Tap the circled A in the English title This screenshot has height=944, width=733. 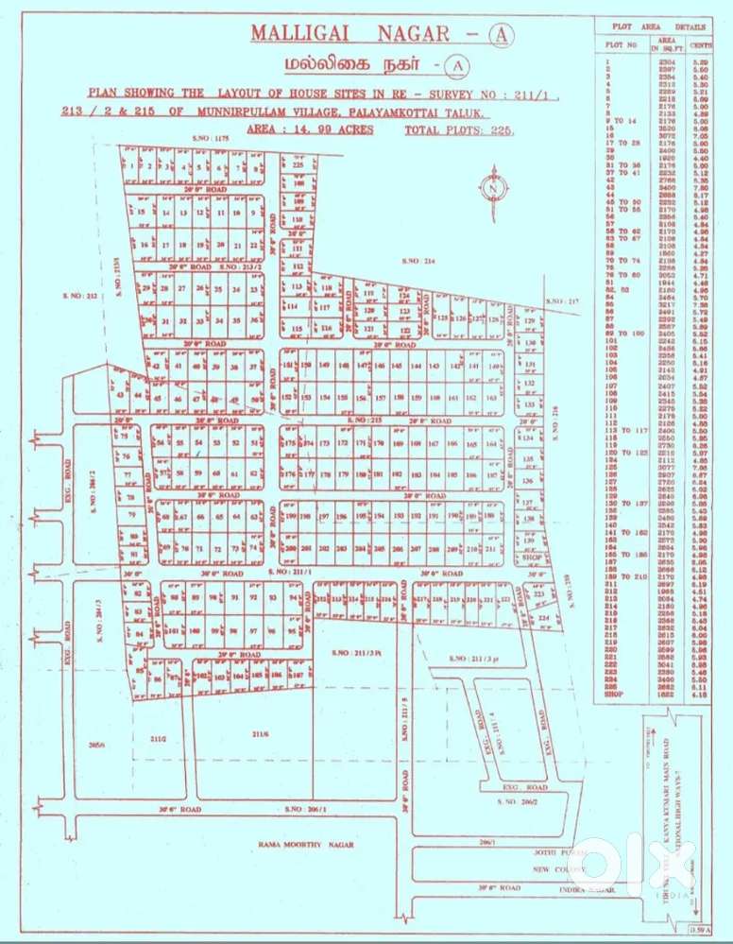[x=500, y=35]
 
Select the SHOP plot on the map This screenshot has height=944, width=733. [x=530, y=558]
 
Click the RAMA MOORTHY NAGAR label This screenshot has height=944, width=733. [x=306, y=844]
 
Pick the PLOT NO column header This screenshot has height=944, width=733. [x=621, y=44]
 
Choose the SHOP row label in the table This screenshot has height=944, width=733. [x=615, y=695]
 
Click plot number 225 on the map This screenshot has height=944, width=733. [x=298, y=163]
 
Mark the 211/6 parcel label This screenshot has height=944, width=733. [x=261, y=732]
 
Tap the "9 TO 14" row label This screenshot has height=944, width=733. [x=620, y=121]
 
